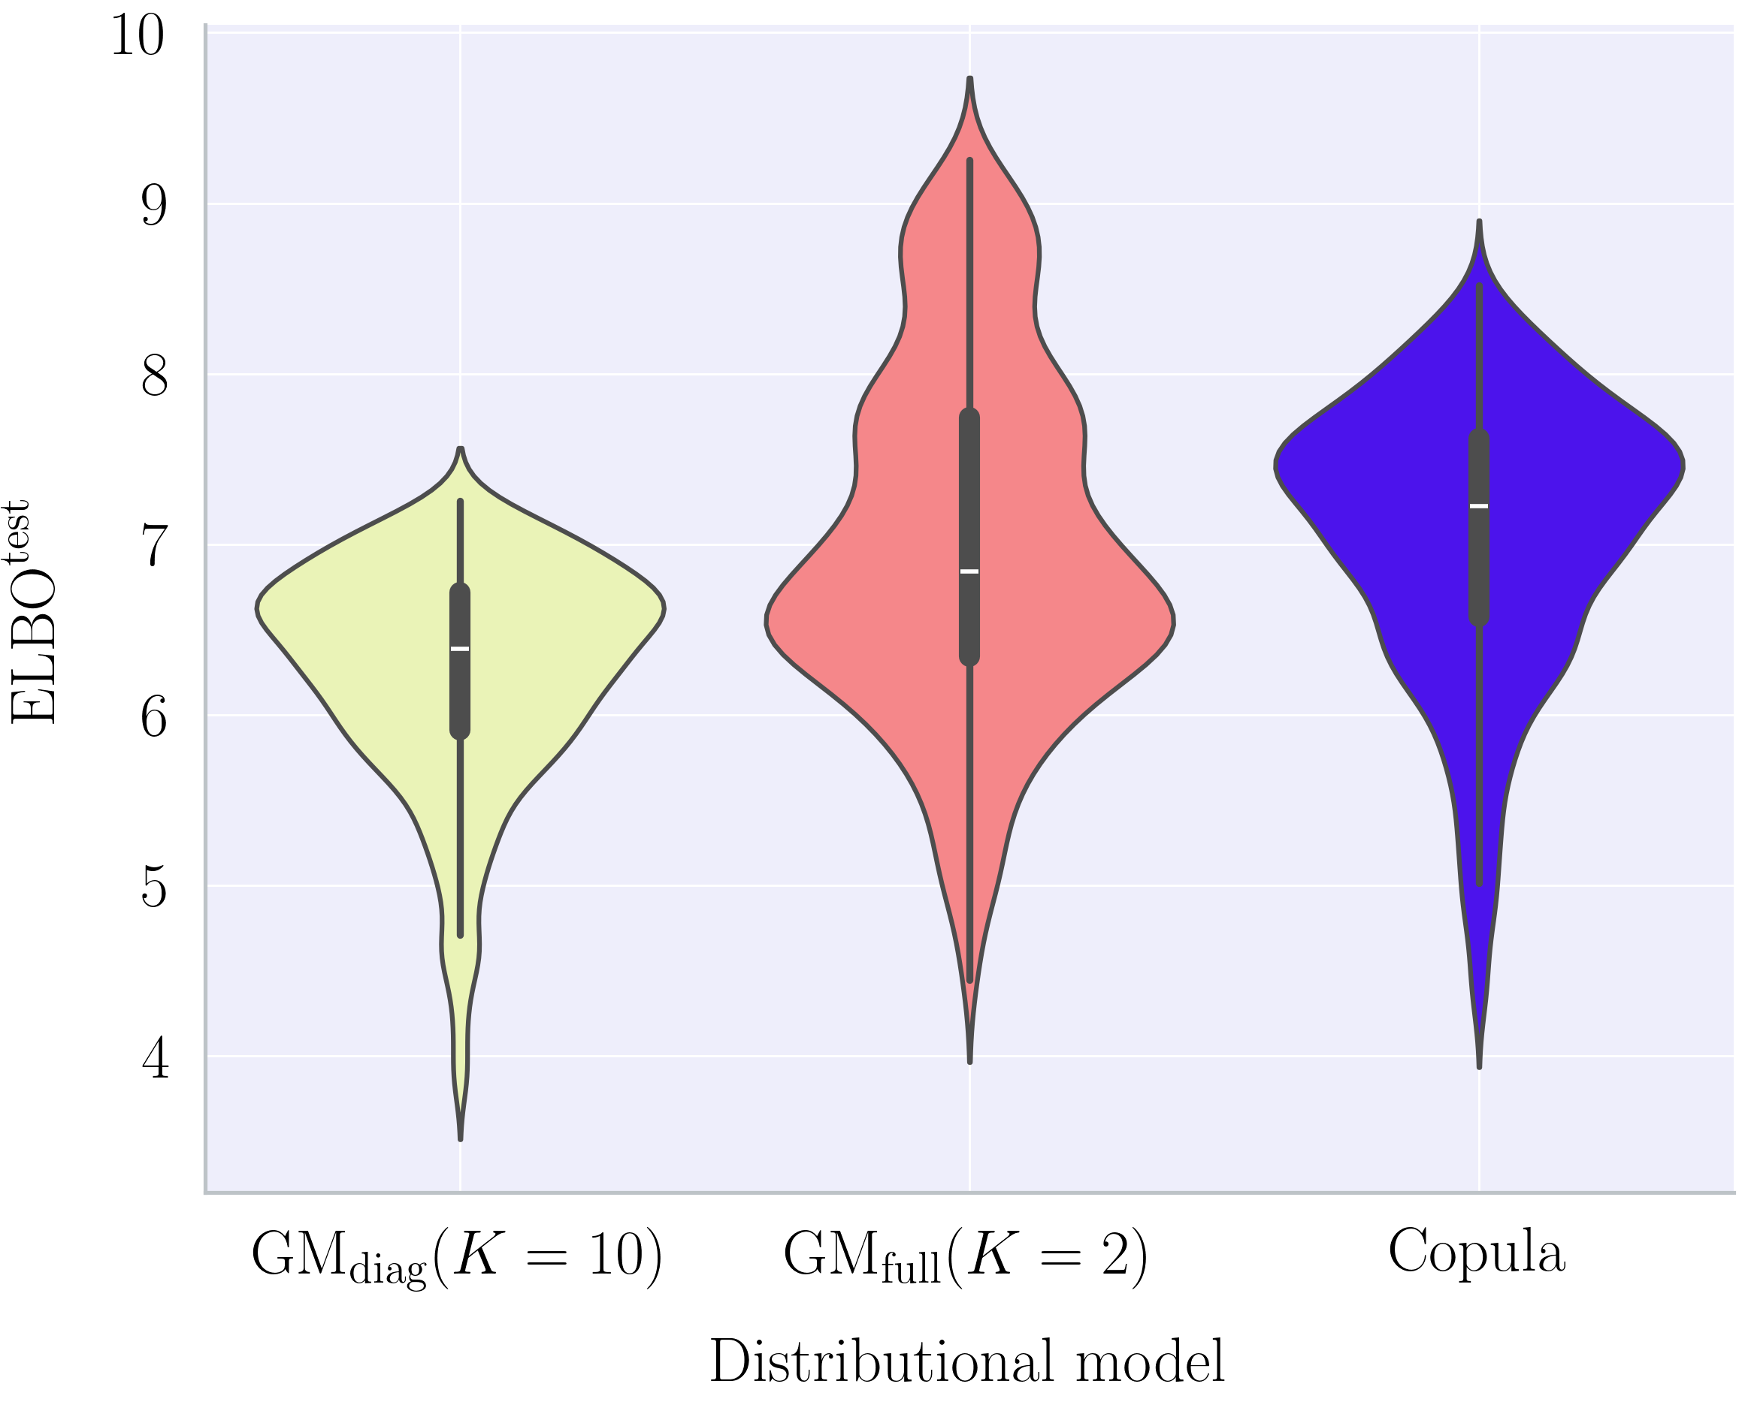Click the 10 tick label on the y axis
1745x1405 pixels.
(x=138, y=35)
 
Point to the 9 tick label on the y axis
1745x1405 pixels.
(x=154, y=206)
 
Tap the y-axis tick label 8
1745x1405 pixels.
(x=154, y=376)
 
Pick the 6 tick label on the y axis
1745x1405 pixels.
(x=154, y=718)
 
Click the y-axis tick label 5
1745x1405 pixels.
(x=154, y=888)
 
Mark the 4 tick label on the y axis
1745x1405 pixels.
(x=155, y=1060)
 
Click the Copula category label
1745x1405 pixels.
(x=1477, y=1252)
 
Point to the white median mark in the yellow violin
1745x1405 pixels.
(x=460, y=649)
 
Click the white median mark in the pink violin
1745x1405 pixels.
(x=970, y=572)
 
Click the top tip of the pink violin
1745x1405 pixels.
(x=970, y=80)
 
